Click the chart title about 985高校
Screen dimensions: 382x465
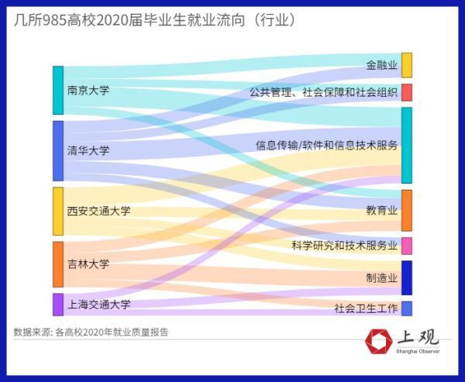pos(155,19)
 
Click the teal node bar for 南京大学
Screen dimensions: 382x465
pos(57,90)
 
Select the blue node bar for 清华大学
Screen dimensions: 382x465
pos(57,150)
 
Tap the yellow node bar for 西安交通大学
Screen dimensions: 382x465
pos(57,211)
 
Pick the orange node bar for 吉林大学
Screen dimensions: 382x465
pos(57,264)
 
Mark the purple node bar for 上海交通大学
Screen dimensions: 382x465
pos(57,304)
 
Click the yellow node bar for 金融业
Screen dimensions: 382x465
pos(407,65)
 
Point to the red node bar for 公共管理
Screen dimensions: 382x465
pos(407,92)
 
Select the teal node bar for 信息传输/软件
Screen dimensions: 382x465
pos(407,145)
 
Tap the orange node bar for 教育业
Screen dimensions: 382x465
pos(407,210)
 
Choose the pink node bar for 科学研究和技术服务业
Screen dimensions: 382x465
pos(407,246)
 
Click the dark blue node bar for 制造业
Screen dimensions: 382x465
pos(407,277)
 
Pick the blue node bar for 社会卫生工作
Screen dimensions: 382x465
pos(407,308)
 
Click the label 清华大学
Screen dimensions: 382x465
pos(88,150)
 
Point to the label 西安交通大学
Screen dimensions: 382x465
pos(98,211)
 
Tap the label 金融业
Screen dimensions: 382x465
pos(382,65)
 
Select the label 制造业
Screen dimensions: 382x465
pos(382,277)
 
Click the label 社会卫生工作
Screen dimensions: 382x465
pos(366,308)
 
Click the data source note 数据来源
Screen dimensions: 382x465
pos(91,332)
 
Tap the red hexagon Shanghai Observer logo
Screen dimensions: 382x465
pos(379,341)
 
